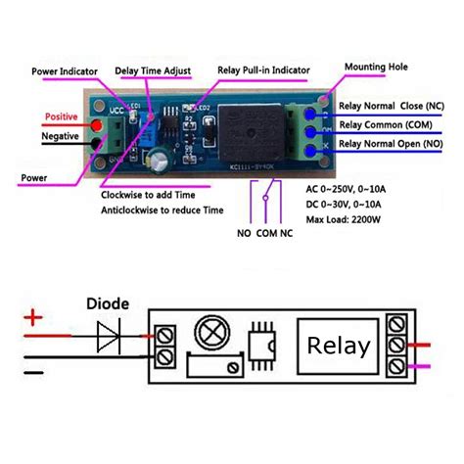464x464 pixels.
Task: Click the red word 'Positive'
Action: point(61,117)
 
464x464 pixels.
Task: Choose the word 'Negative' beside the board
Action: point(63,136)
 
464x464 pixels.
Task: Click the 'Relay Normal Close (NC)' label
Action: point(393,106)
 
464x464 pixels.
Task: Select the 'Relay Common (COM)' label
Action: point(386,124)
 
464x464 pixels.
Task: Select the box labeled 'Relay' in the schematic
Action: point(339,346)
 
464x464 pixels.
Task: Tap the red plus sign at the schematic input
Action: point(35,317)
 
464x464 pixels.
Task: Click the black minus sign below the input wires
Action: point(35,371)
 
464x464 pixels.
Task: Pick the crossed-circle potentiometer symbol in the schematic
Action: point(209,333)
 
